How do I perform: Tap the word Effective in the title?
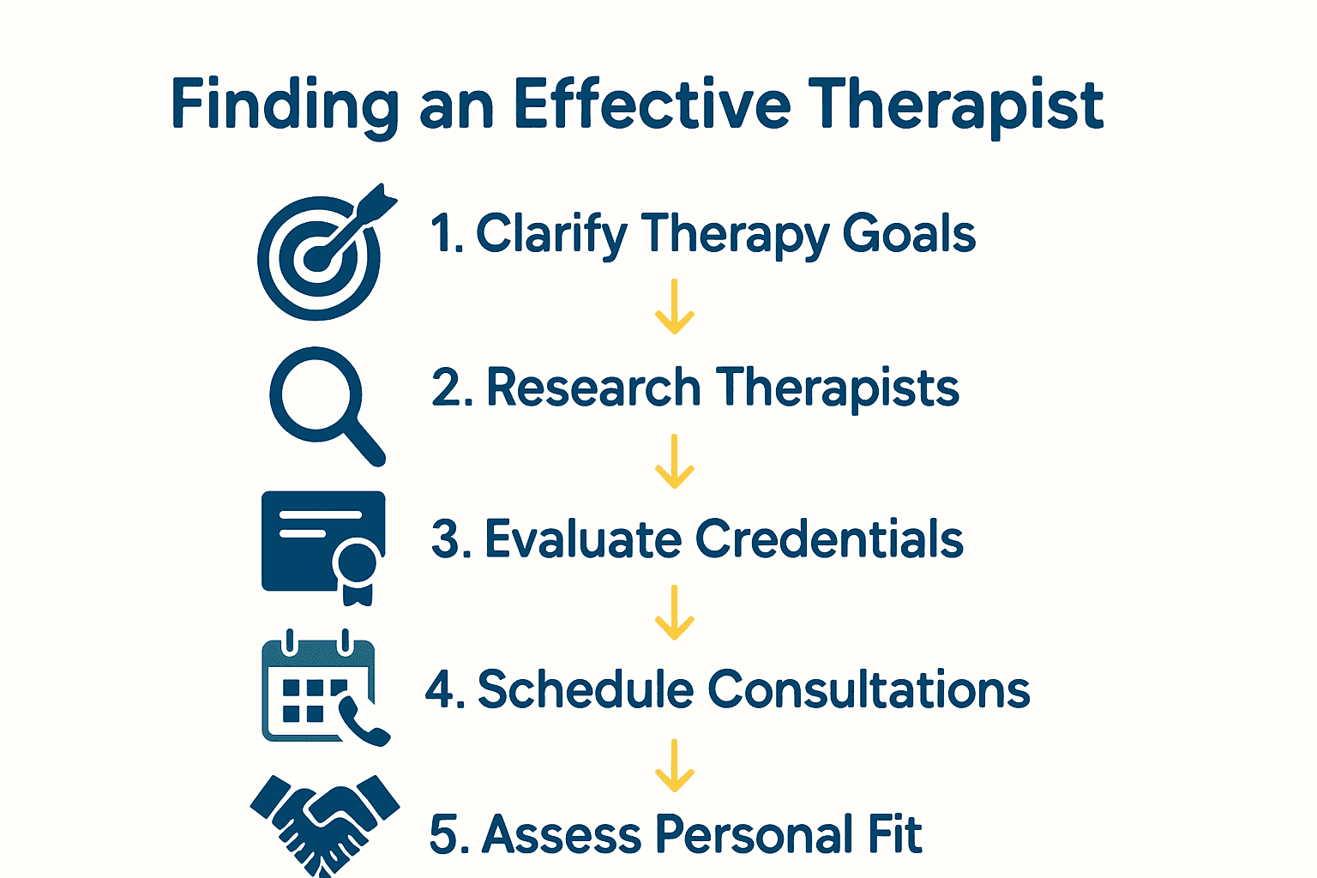click(x=652, y=105)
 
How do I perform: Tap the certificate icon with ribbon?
click(x=324, y=545)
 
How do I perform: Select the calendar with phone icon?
click(x=322, y=689)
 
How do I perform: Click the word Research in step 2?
click(x=593, y=388)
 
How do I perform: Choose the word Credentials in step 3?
click(x=829, y=539)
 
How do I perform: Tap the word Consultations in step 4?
click(x=869, y=689)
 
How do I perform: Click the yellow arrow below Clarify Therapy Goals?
click(x=675, y=306)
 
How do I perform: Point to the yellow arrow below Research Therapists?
click(x=675, y=460)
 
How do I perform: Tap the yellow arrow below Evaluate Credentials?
click(x=675, y=612)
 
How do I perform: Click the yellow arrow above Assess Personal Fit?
click(x=675, y=765)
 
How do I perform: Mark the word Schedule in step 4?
click(x=585, y=689)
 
